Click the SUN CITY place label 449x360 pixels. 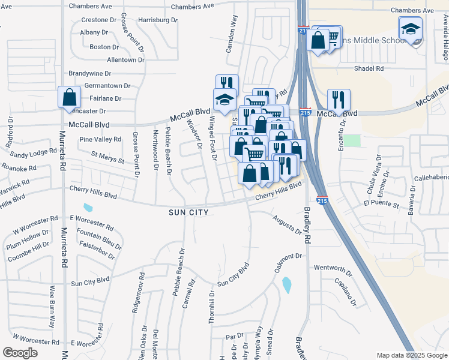pyautogui.click(x=188, y=212)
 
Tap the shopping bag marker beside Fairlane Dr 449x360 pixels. pyautogui.click(x=70, y=97)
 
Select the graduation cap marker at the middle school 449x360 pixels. pyautogui.click(x=411, y=29)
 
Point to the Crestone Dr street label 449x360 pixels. pyautogui.click(x=94, y=20)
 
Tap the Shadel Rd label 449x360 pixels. pyautogui.click(x=369, y=68)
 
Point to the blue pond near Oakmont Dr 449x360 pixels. pyautogui.click(x=287, y=285)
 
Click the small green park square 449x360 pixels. pyautogui.click(x=352, y=140)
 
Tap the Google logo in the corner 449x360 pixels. pyautogui.click(x=20, y=353)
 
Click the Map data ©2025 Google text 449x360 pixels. pyautogui.click(x=411, y=355)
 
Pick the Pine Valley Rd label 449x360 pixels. pyautogui.click(x=100, y=139)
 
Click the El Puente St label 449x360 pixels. pyautogui.click(x=381, y=204)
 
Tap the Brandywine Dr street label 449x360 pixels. pyautogui.click(x=90, y=73)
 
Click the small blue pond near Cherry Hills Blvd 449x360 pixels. pyautogui.click(x=89, y=208)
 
